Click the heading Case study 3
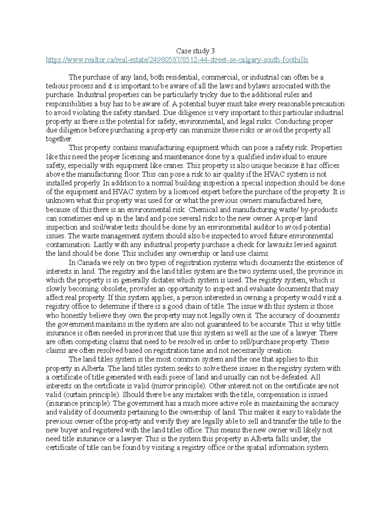click(195, 51)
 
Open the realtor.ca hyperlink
click(177, 60)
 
